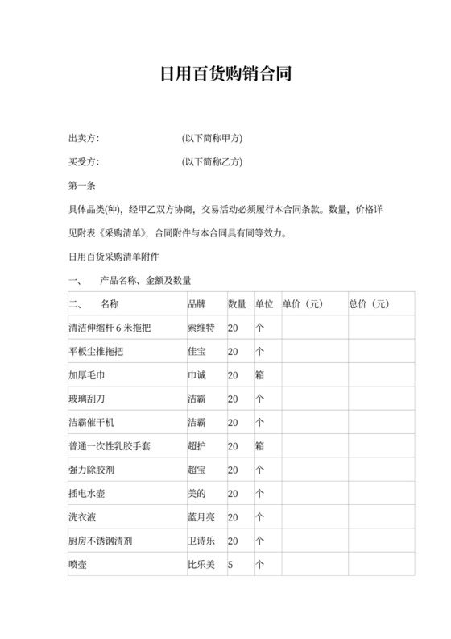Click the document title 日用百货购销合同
225,75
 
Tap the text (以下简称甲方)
213,139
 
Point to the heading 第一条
84,186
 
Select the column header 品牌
197,304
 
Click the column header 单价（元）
303,304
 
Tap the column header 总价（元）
369,304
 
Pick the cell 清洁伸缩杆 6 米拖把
110,328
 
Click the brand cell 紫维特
201,328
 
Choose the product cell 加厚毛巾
89,375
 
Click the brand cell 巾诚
197,375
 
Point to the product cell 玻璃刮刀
89,399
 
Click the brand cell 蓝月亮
201,516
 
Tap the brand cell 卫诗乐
201,541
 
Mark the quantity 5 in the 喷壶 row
230,565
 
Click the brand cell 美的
197,493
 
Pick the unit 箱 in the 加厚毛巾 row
260,375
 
